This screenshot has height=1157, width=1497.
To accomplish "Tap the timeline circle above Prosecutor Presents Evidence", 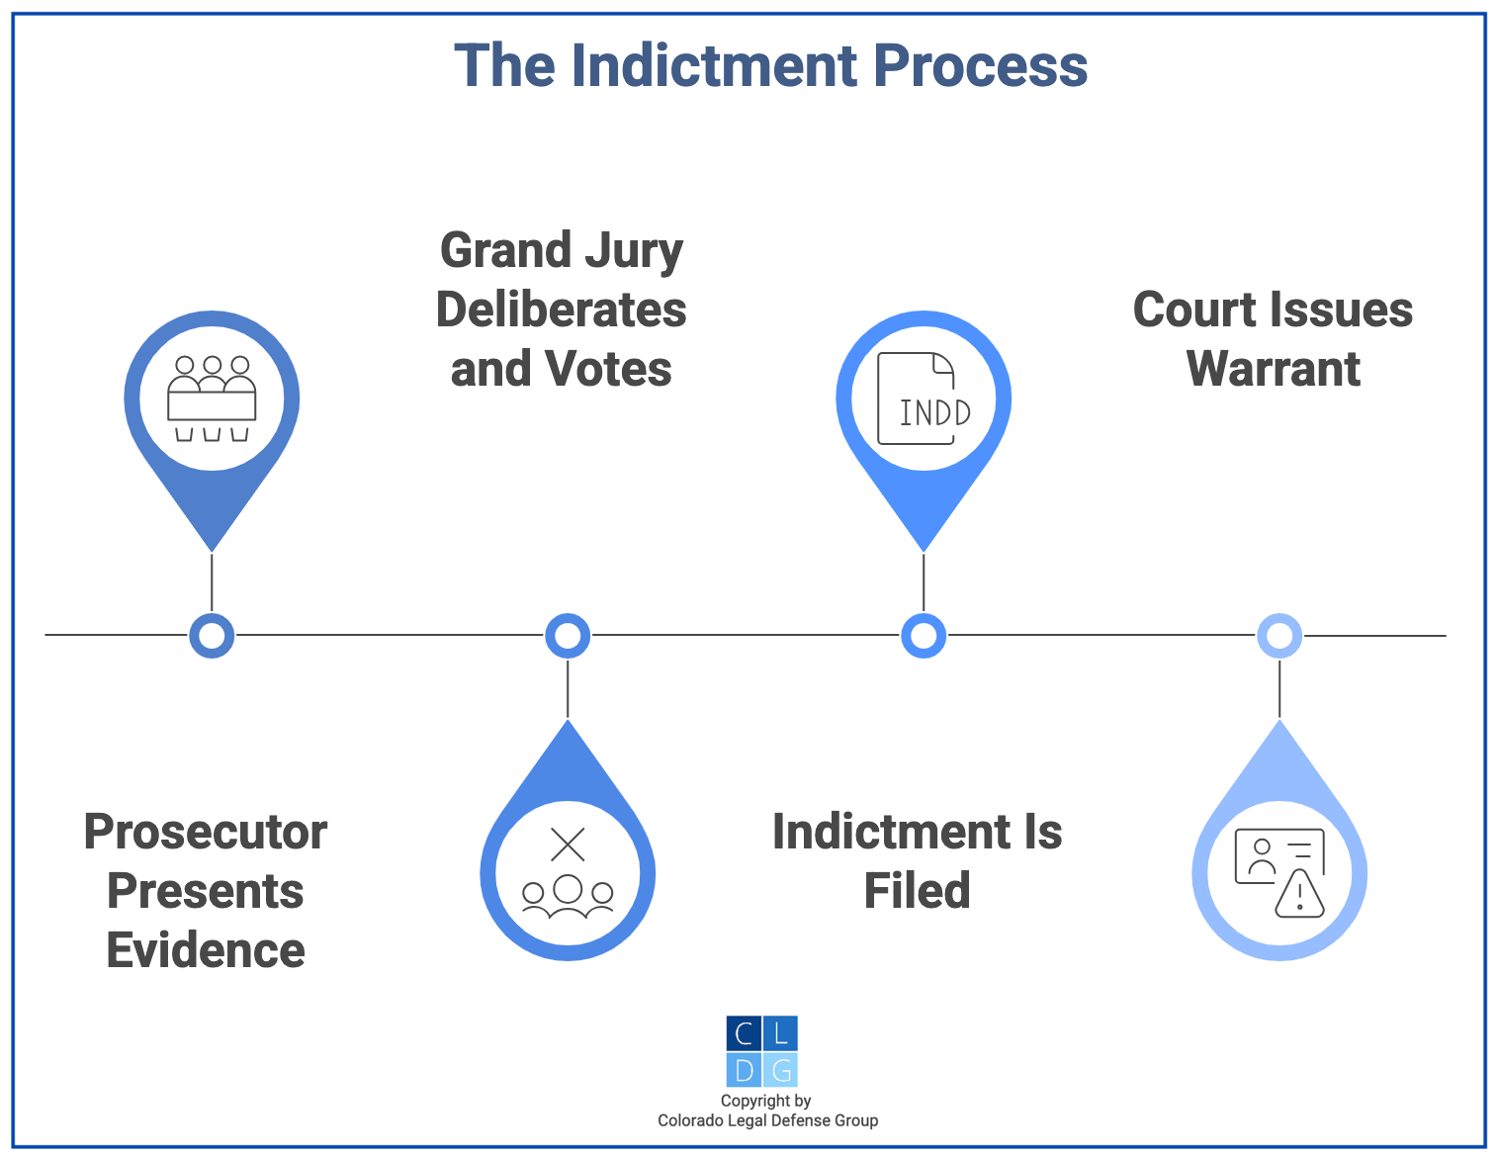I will point(212,636).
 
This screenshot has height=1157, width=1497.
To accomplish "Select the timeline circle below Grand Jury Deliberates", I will point(568,636).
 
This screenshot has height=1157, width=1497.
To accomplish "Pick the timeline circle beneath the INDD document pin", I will point(924,636).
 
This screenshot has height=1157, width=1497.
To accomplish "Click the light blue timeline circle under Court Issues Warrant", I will point(1279,636).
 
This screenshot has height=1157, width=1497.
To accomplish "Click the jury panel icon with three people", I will point(212,399).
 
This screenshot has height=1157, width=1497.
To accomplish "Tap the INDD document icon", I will point(924,399).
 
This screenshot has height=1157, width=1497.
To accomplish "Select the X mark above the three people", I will point(568,845).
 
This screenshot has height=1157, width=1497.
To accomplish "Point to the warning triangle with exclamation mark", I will point(1299,895).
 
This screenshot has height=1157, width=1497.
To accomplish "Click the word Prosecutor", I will point(206,832).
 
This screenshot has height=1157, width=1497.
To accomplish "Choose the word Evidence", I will point(206,950).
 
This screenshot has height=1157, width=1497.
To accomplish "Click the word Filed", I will point(917,890).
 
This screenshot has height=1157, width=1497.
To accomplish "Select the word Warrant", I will point(1273,369).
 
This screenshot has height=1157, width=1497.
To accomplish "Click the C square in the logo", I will point(744,1033).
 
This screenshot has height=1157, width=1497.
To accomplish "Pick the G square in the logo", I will point(780,1070).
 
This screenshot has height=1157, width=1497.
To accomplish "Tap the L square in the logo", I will point(780,1033).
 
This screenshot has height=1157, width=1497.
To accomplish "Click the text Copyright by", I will point(765,1101).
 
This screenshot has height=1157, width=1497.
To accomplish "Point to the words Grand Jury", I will point(561,250).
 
